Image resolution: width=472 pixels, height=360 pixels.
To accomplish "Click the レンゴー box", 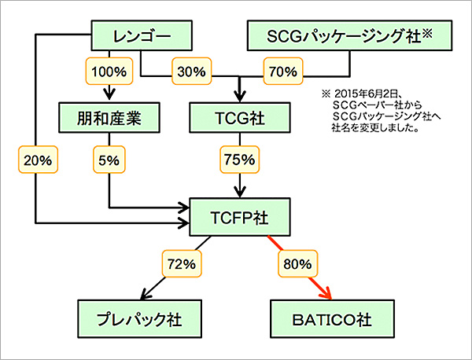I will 143,36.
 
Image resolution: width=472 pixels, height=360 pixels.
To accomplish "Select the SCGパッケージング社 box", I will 341,36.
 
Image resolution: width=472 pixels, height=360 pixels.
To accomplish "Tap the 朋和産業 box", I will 109,119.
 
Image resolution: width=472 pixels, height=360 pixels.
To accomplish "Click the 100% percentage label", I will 109,72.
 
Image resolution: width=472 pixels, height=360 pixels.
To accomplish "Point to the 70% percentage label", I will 282,72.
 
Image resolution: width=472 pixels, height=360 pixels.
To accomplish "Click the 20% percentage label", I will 35,160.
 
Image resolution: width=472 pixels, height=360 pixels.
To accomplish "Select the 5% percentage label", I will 109,160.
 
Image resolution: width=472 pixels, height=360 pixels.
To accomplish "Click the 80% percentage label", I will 295,262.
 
